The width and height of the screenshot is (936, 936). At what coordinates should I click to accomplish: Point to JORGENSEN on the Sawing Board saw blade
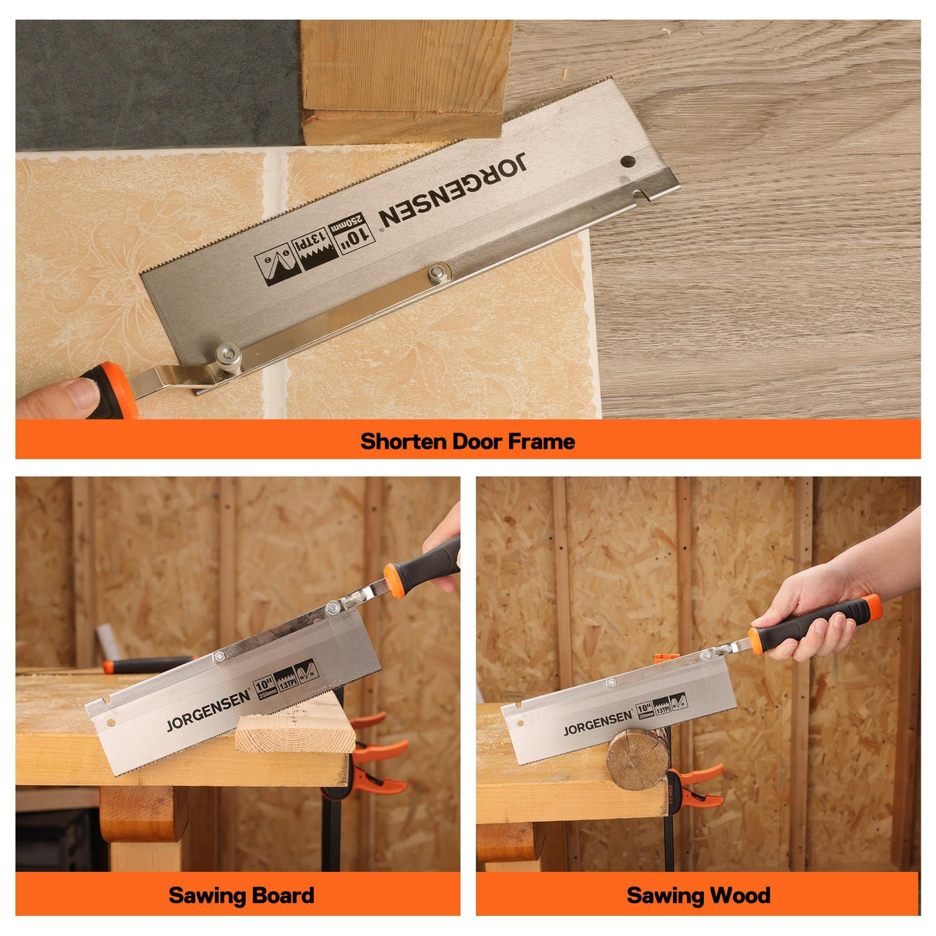208,711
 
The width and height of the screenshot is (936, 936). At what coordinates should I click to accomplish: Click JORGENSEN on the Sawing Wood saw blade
598,723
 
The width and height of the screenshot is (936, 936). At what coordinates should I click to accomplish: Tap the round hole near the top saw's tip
628,163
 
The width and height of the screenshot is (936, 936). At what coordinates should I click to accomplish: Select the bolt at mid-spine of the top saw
439,272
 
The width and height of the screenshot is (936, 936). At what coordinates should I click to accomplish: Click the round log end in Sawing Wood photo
637,759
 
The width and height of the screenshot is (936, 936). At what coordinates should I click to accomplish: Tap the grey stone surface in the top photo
154,85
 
